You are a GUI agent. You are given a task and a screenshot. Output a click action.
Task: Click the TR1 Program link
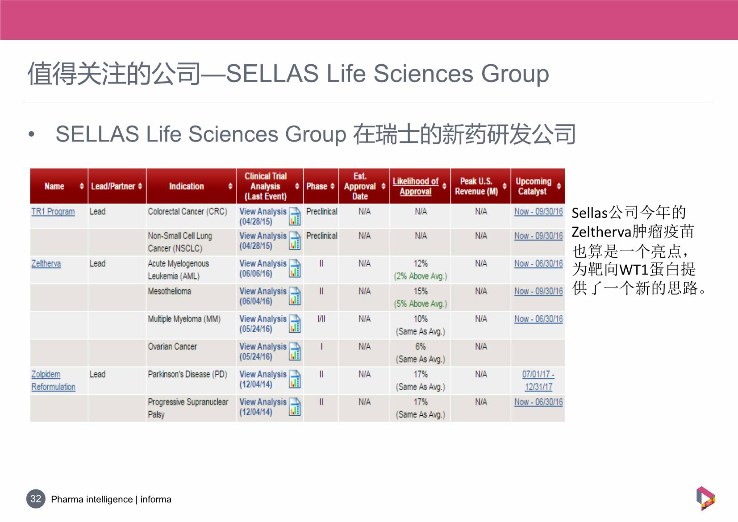coord(53,212)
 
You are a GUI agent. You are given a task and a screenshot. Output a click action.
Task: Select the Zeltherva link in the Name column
coord(46,263)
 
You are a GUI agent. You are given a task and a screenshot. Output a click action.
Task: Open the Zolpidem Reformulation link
coord(54,380)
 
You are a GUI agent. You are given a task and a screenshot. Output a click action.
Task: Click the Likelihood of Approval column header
coord(416,186)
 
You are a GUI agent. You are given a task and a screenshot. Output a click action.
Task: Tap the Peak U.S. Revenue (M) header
coord(476,186)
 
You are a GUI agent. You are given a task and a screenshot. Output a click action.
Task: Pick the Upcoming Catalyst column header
coord(533,186)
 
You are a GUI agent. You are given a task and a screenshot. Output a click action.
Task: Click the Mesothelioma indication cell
coord(169,291)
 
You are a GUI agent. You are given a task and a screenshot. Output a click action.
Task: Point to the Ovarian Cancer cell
coord(172,347)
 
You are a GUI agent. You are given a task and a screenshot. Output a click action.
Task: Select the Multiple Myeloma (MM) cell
coord(184,319)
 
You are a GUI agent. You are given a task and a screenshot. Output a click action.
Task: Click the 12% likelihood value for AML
coord(421,263)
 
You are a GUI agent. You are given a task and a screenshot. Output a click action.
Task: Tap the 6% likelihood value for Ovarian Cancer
coord(421,347)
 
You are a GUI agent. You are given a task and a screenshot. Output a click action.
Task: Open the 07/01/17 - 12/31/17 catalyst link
coord(538,380)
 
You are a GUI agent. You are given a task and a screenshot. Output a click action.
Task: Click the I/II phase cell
coord(321,319)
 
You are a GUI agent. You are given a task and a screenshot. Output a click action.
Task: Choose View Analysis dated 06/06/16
coord(263,268)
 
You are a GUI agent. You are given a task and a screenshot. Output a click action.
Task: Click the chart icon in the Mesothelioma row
coord(295,296)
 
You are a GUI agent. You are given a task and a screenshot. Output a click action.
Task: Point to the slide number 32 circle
coord(36,499)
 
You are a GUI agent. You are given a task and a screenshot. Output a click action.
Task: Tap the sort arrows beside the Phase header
coord(333,186)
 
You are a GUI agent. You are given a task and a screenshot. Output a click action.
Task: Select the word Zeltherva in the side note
coord(601,232)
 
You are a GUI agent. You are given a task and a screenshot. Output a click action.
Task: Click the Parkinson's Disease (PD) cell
coord(188,374)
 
